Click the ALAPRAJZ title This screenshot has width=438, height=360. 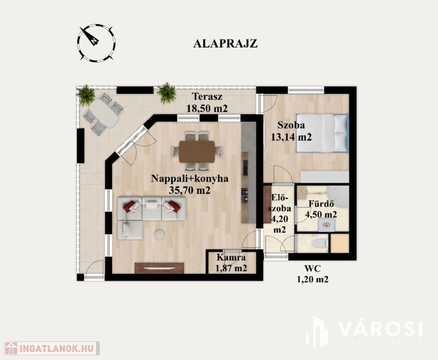pos(225,44)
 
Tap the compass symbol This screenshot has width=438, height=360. pos(97,43)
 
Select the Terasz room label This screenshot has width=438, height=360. pos(207,97)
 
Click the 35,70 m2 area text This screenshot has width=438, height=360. pos(189,191)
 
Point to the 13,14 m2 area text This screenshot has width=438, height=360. pos(291,137)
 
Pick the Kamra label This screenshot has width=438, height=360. pos(231,257)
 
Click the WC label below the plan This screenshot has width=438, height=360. pos(312,269)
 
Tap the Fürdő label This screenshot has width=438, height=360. pos(321,204)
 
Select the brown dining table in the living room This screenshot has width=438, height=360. pos(197,152)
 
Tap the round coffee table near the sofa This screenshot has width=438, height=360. pos(159,234)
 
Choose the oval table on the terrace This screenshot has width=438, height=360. pos(104,113)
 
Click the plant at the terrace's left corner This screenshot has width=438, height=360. pos(86,95)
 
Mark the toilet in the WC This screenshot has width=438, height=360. pos(320,243)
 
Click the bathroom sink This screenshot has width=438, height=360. pos(327,225)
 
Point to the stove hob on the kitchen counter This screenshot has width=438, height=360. pos(245,195)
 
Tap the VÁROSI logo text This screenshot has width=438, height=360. pos(380,329)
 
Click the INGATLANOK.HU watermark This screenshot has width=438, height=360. pos(52,348)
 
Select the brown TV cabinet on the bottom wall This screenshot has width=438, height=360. pos(159,268)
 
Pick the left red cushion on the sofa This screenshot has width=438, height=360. pos(131,206)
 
